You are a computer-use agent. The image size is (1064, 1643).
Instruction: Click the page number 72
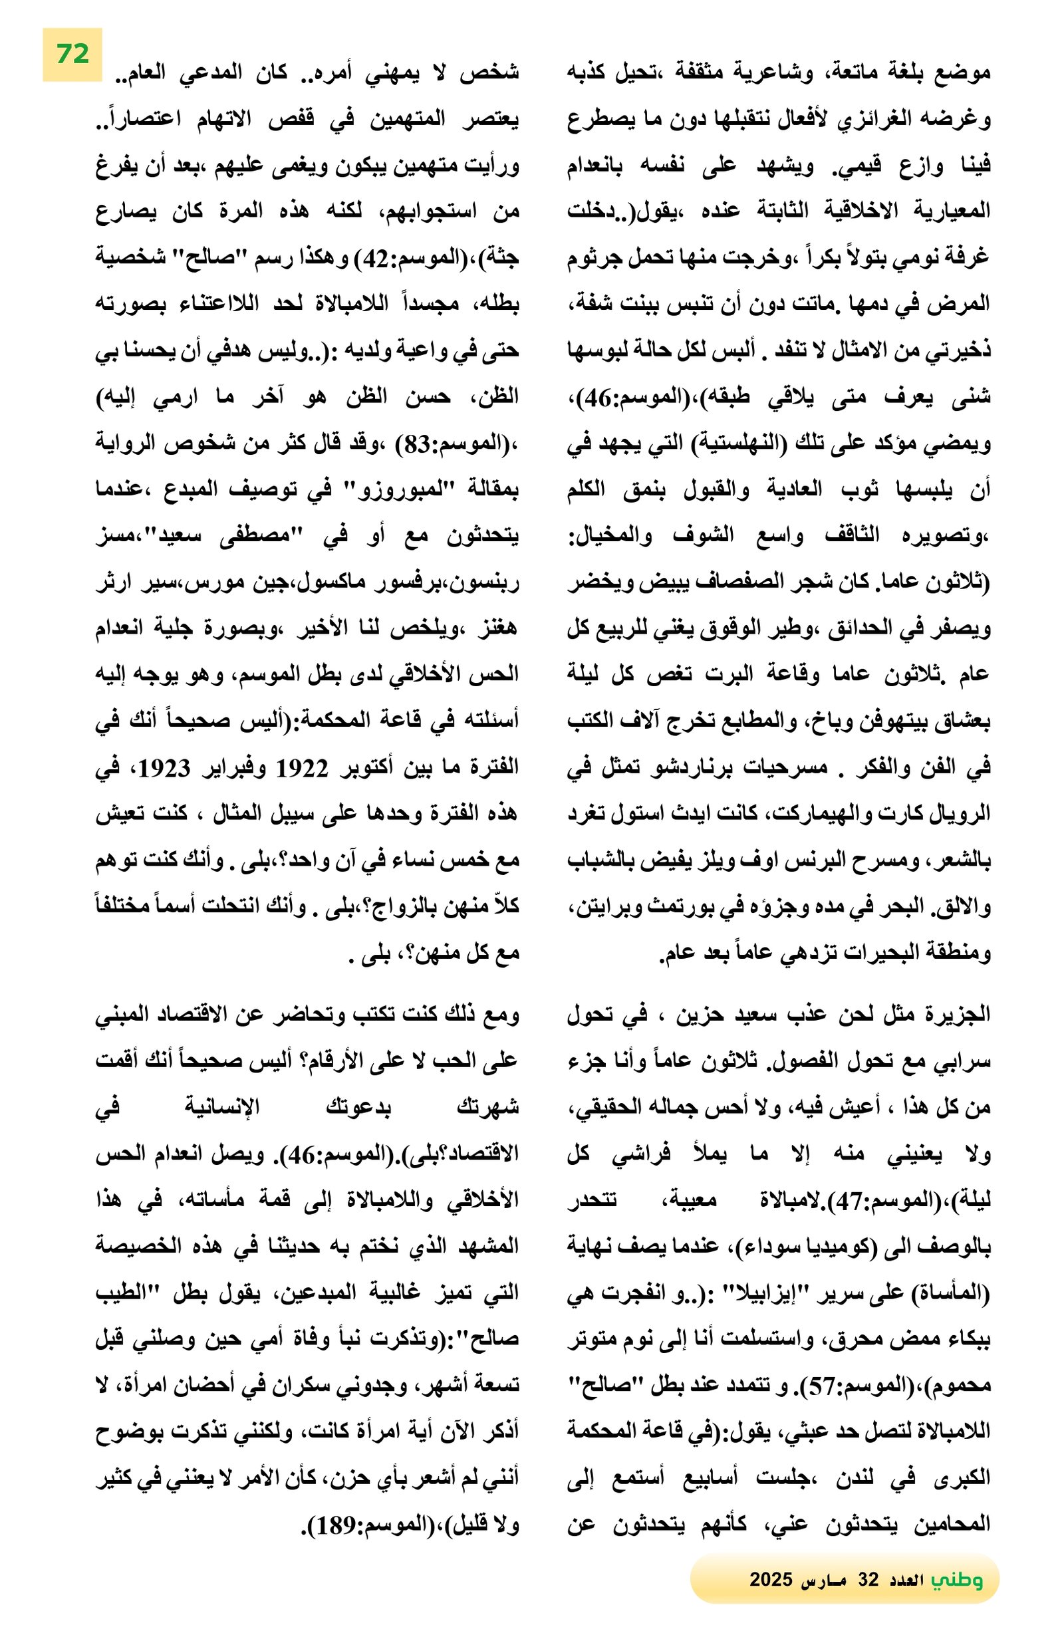pyautogui.click(x=72, y=54)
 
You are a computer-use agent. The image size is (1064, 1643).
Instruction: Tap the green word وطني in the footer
pyautogui.click(x=956, y=1578)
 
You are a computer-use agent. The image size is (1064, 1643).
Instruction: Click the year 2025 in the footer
pyautogui.click(x=770, y=1579)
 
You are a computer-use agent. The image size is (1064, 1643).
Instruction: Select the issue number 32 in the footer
pyautogui.click(x=867, y=1579)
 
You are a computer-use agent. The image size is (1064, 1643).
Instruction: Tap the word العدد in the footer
pyautogui.click(x=905, y=1579)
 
